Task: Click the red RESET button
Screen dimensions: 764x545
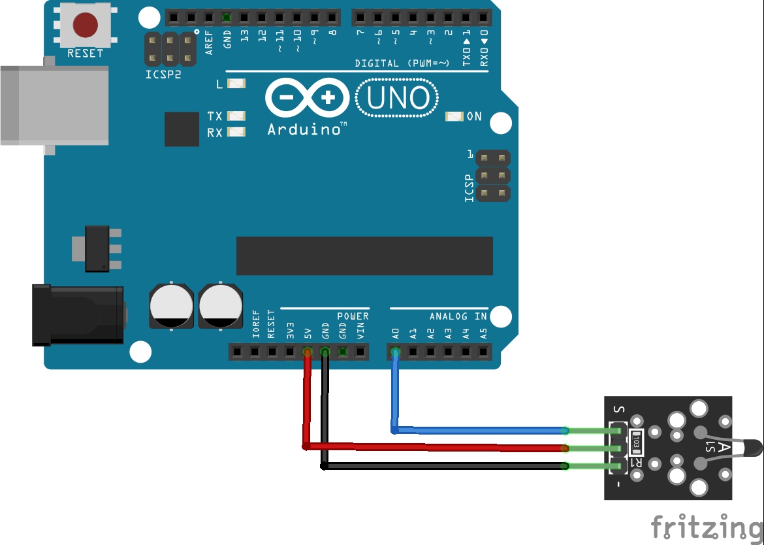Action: coord(86,25)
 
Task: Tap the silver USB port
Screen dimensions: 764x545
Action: coord(54,105)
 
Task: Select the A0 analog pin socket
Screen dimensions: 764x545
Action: coord(396,352)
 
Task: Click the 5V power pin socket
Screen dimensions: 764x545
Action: coord(308,352)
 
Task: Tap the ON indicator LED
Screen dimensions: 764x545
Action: coord(454,116)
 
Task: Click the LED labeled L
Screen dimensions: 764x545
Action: coord(236,84)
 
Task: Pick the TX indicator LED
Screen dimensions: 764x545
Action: coord(236,116)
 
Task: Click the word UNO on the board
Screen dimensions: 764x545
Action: coord(398,98)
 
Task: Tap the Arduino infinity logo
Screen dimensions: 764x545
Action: coord(308,97)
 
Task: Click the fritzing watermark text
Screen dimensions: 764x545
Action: coord(707,527)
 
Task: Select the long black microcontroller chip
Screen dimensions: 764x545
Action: coord(364,256)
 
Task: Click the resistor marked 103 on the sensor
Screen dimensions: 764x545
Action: coord(636,442)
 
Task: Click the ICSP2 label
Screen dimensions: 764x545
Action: coord(163,74)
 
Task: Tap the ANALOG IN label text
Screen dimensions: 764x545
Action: coord(458,316)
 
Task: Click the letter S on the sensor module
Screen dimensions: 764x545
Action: coord(619,410)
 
